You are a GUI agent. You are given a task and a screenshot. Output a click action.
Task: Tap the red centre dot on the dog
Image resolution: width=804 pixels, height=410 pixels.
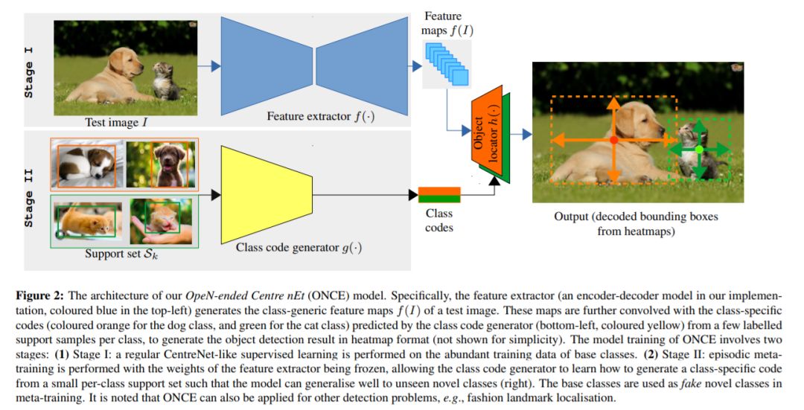coord(613,140)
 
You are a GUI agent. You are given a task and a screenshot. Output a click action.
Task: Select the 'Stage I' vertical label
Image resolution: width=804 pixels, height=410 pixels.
coord(30,70)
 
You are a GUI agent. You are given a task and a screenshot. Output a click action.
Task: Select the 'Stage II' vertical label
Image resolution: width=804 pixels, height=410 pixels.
coord(30,199)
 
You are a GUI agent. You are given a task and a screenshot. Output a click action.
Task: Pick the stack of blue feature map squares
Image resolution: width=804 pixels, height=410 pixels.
coord(447,63)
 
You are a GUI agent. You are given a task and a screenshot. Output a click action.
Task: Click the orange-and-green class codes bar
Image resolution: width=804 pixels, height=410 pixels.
coord(439,195)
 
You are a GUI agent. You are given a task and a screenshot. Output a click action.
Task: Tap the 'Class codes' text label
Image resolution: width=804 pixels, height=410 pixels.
coord(439,220)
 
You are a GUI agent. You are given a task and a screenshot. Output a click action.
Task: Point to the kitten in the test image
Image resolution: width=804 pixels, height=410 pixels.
coord(167,83)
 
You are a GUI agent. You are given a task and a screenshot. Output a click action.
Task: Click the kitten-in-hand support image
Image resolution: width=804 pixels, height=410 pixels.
coord(161,220)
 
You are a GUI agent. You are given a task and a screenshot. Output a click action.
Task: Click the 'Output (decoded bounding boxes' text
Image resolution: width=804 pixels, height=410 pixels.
coord(640,217)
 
